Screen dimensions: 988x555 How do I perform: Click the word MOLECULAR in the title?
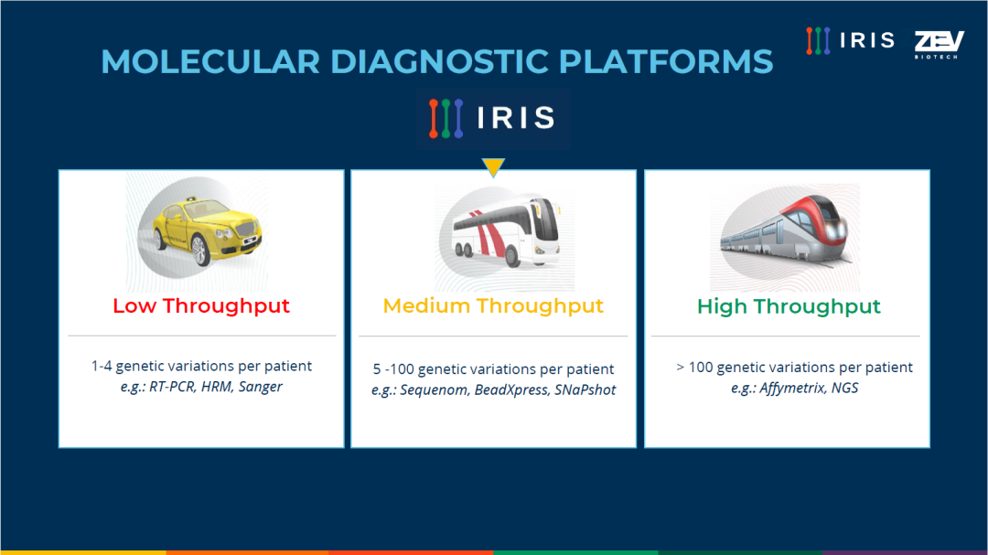tap(210, 62)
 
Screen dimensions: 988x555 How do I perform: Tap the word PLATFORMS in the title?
tap(665, 62)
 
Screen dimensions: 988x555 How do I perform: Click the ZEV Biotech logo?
tap(939, 44)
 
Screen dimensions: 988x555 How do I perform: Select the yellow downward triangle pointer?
tap(493, 167)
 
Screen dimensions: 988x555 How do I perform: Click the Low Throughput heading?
tap(201, 305)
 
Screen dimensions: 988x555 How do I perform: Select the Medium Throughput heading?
tap(493, 305)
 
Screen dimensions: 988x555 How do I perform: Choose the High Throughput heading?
tap(789, 306)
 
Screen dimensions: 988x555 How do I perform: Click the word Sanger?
tap(260, 387)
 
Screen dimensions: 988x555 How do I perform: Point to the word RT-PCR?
tap(172, 386)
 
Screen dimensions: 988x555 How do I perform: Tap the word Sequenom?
tap(435, 390)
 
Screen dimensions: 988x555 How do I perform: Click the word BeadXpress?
tap(511, 390)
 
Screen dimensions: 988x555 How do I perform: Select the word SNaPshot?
tap(585, 390)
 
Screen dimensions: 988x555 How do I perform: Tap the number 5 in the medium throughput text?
tap(377, 369)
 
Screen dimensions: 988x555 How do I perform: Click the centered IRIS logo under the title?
tap(492, 118)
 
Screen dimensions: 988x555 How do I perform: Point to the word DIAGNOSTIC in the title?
tap(439, 62)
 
